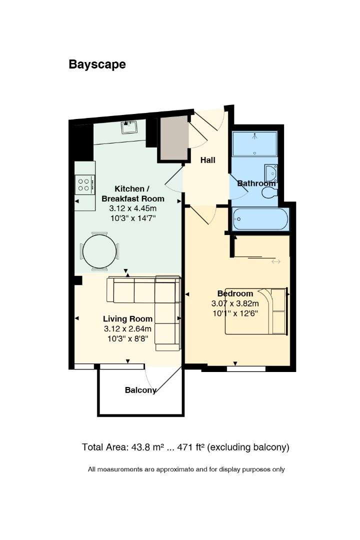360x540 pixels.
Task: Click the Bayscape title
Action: (97, 64)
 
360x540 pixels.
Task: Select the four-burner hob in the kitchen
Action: (84, 185)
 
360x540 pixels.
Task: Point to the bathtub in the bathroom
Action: (260, 219)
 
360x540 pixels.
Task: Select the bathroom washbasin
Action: (271, 173)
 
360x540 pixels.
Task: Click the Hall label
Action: (207, 160)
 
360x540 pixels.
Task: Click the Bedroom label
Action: (235, 293)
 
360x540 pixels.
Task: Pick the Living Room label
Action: (127, 318)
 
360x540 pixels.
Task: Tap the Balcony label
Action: (140, 390)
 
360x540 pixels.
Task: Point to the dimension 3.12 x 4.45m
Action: (132, 208)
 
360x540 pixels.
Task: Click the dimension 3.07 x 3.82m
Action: (235, 303)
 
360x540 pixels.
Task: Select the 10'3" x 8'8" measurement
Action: (127, 338)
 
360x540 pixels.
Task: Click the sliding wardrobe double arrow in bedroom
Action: (276, 261)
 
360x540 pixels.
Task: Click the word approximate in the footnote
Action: (175, 469)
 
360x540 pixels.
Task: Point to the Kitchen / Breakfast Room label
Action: (132, 193)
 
